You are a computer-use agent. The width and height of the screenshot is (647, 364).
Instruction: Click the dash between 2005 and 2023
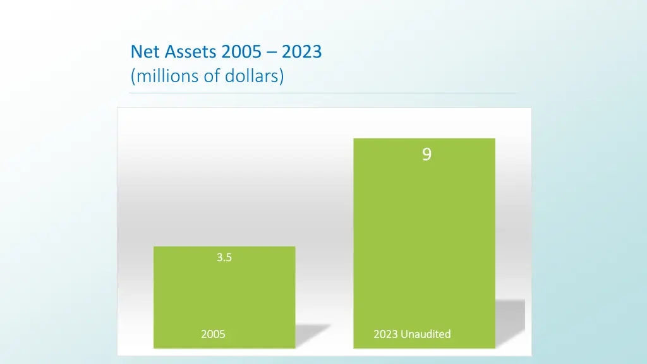click(x=271, y=52)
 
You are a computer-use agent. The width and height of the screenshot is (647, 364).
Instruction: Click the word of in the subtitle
click(x=209, y=76)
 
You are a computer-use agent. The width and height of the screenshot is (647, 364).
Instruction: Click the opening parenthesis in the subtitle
click(x=133, y=77)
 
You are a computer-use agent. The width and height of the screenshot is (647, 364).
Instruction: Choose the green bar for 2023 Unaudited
click(x=424, y=240)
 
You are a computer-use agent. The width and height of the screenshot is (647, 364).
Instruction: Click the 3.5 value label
click(x=224, y=257)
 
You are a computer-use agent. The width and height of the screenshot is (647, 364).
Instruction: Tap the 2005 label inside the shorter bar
click(x=213, y=334)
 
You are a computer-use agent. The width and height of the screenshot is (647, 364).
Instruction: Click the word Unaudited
click(x=426, y=334)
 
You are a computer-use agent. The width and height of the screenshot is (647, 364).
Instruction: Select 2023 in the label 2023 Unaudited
click(x=385, y=334)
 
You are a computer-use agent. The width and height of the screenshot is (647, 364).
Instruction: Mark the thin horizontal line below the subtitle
click(x=322, y=93)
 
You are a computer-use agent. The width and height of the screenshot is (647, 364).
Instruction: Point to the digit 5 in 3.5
click(x=228, y=257)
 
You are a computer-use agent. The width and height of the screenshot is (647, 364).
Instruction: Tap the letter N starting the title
click(x=135, y=51)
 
